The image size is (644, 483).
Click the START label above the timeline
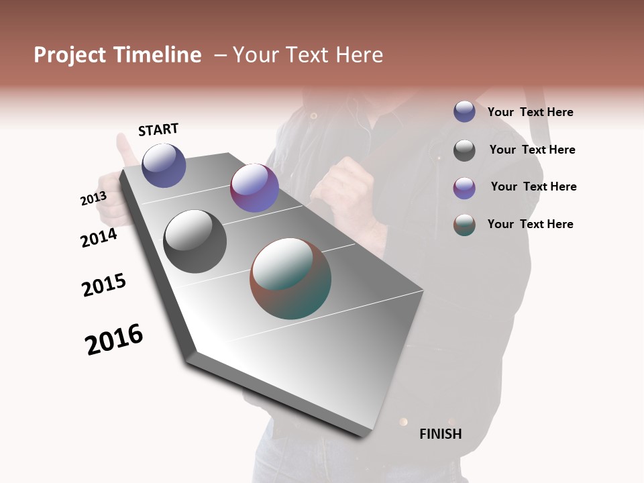pos(158,129)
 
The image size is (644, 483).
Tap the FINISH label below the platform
pos(440,434)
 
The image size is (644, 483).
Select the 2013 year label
pos(93,199)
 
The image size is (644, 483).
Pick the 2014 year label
pos(99,237)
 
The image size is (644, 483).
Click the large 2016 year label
pos(114,339)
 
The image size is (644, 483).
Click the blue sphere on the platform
pos(164,165)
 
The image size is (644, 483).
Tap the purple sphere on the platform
pos(254,188)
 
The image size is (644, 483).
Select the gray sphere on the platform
pos(195,241)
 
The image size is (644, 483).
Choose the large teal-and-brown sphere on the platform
pos(290,278)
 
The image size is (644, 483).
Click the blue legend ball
pos(464,111)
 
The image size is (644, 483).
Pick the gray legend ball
pos(464,150)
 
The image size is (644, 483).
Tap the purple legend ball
pos(464,188)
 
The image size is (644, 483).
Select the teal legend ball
pos(464,225)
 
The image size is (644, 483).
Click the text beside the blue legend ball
pos(530,113)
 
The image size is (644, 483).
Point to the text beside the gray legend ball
pos(532,150)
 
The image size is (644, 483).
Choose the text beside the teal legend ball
pos(530,224)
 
